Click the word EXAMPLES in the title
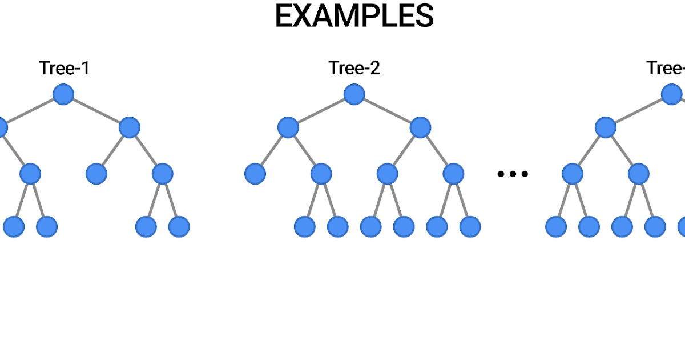pyautogui.click(x=354, y=17)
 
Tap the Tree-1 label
pyautogui.click(x=64, y=69)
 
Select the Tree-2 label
pyautogui.click(x=354, y=69)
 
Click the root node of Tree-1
pyautogui.click(x=63, y=94)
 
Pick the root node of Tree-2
pyautogui.click(x=354, y=94)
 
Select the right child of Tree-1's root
pyautogui.click(x=130, y=127)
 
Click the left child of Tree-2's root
pyautogui.click(x=288, y=127)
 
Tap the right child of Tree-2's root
pyautogui.click(x=420, y=127)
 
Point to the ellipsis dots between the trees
pyautogui.click(x=513, y=174)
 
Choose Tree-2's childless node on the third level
pyautogui.click(x=255, y=174)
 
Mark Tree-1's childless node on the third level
pyautogui.click(x=96, y=174)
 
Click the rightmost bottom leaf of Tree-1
pyautogui.click(x=179, y=227)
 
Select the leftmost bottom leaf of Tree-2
pyautogui.click(x=305, y=227)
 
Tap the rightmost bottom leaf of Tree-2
pyautogui.click(x=470, y=227)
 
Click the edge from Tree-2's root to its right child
pyautogui.click(x=387, y=111)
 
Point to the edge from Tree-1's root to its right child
pyautogui.click(x=96, y=111)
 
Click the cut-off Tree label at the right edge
pyautogui.click(x=666, y=69)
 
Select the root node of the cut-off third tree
pyautogui.click(x=672, y=94)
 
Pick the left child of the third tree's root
pyautogui.click(x=606, y=127)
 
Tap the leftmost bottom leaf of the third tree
pyautogui.click(x=556, y=227)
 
